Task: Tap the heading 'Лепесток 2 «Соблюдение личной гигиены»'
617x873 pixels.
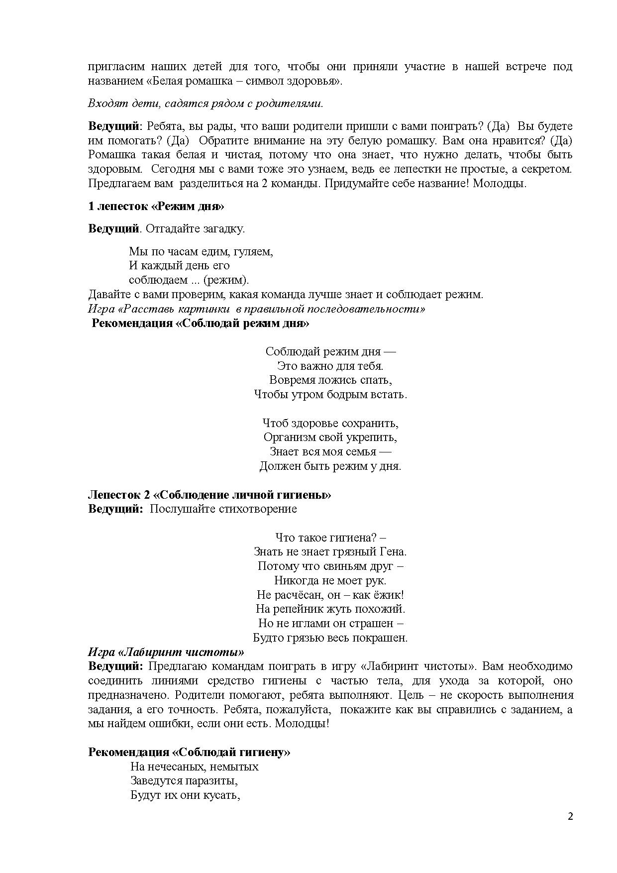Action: pos(209,495)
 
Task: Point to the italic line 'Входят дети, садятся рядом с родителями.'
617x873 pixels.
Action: pos(206,104)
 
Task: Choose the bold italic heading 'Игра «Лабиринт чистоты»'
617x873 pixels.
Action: pos(166,652)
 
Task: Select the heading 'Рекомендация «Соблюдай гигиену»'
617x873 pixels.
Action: pos(189,752)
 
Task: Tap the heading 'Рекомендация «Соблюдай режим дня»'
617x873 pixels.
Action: pos(201,324)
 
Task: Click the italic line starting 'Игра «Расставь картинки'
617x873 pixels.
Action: pos(256,309)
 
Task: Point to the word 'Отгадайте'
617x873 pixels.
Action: pos(171,229)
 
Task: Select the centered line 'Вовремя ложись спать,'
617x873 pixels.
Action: pos(330,380)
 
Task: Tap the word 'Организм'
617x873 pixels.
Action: pos(287,437)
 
